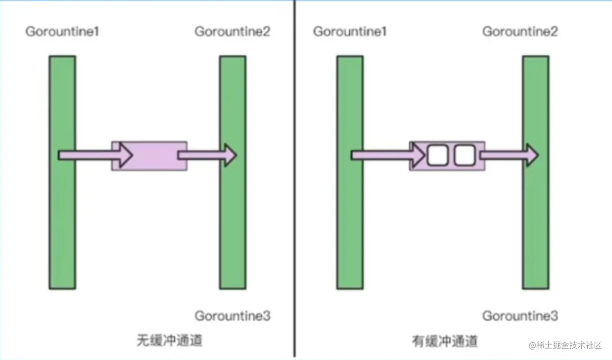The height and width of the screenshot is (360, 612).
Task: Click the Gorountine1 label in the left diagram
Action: pyautogui.click(x=62, y=32)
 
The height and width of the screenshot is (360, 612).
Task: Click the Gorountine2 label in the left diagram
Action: pyautogui.click(x=232, y=32)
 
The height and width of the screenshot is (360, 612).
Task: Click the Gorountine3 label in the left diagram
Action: pyautogui.click(x=232, y=316)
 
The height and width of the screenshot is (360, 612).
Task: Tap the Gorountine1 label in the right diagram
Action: pyautogui.click(x=350, y=32)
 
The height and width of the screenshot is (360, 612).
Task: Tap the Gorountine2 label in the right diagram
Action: pyautogui.click(x=520, y=32)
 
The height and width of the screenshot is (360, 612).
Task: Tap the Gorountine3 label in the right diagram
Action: pyautogui.click(x=520, y=316)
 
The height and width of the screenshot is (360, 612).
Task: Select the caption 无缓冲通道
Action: pyautogui.click(x=169, y=341)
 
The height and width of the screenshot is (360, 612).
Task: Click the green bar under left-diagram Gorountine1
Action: pyautogui.click(x=62, y=219)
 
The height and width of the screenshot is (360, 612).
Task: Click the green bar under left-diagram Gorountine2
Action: pyautogui.click(x=233, y=219)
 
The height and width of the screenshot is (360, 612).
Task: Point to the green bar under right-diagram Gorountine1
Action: pyautogui.click(x=350, y=219)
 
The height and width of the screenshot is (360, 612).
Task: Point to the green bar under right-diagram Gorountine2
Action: pyautogui.click(x=536, y=219)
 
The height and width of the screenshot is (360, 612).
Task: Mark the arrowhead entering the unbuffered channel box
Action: pyautogui.click(x=124, y=155)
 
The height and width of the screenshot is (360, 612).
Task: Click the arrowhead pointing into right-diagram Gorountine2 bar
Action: pyautogui.click(x=531, y=155)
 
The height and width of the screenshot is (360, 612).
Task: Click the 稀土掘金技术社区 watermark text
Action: pyautogui.click(x=570, y=345)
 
